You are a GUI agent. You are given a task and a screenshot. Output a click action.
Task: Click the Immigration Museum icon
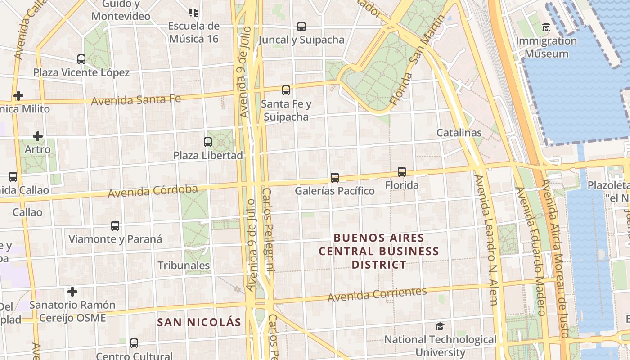546,28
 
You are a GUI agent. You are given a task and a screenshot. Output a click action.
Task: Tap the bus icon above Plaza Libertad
208,142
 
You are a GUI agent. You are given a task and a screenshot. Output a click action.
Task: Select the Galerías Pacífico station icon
334,178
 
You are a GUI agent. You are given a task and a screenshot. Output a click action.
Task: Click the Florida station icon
401,172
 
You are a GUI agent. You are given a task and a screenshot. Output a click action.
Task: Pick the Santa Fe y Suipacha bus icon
286,90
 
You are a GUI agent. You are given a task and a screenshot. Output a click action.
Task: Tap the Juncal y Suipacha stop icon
301,27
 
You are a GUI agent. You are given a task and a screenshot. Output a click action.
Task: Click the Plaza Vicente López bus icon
81,59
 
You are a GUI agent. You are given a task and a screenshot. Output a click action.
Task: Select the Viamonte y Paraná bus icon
115,226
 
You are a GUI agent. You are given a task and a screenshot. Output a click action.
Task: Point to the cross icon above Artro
38,136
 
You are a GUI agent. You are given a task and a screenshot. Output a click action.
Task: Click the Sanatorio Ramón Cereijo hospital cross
72,292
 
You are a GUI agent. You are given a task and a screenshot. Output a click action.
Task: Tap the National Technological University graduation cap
440,327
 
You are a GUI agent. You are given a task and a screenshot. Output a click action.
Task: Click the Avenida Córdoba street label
153,191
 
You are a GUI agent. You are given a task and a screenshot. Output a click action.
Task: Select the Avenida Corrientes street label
377,294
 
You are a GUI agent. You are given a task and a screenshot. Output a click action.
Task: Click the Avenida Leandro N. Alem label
487,241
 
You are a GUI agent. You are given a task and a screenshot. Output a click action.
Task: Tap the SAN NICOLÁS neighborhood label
199,322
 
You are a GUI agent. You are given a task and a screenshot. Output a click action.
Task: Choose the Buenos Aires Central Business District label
379,251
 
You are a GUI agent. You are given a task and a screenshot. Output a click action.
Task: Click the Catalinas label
459,133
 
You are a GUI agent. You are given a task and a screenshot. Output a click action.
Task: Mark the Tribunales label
184,265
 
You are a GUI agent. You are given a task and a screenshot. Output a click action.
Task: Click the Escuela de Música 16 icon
193,13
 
